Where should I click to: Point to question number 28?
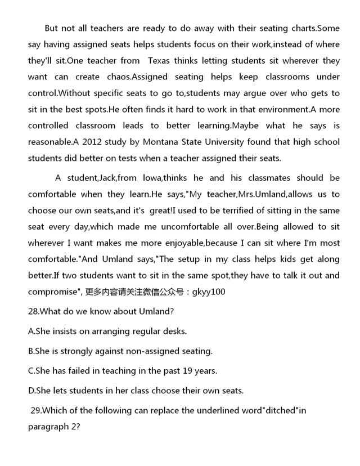34,311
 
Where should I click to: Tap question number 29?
37,410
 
